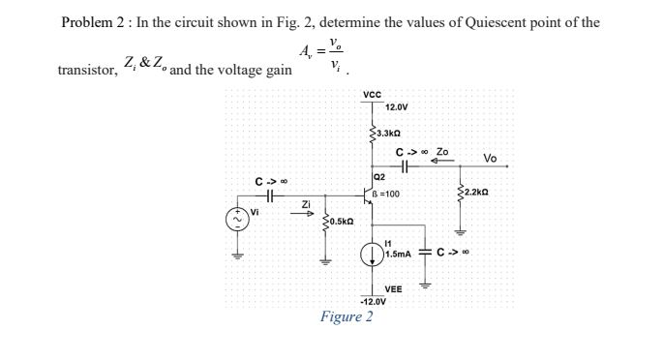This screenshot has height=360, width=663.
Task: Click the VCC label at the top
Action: (372, 94)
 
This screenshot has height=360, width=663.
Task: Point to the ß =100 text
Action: (386, 195)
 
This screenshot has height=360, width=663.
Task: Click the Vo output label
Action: (490, 158)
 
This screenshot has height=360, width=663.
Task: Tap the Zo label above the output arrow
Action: (442, 152)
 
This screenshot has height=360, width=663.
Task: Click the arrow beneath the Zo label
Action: (438, 163)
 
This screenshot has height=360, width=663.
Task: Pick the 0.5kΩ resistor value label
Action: (339, 222)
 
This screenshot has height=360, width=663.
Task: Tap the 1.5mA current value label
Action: (398, 255)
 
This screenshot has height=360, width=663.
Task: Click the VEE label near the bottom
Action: (393, 289)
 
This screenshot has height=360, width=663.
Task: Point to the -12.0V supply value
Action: (373, 301)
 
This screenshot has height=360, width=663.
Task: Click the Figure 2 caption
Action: (347, 317)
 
